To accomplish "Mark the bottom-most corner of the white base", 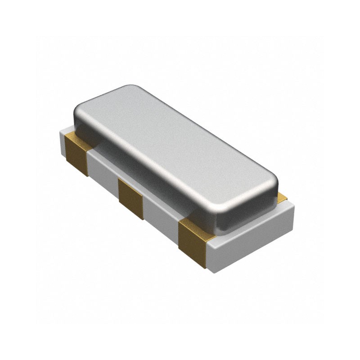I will [x=208, y=269].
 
